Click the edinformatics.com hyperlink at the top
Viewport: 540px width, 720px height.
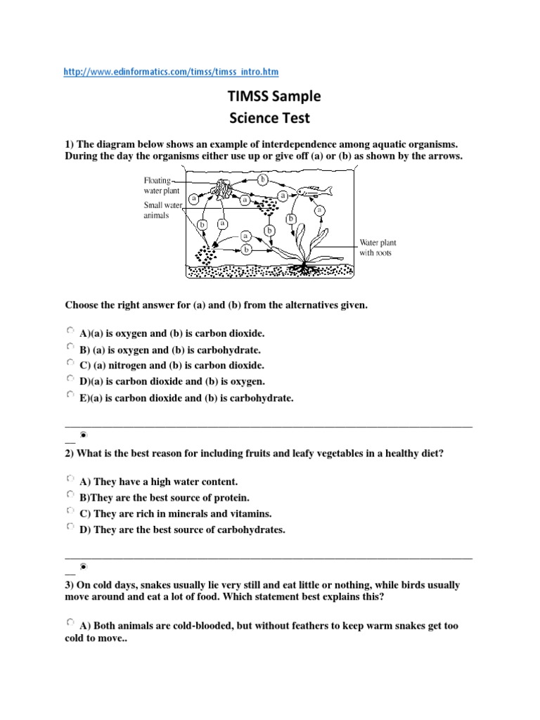point(176,72)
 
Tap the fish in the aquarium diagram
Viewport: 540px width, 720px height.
point(316,191)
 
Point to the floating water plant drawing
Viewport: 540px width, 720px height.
point(225,189)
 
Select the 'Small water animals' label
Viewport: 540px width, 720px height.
point(162,210)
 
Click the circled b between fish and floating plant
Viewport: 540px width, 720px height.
point(263,179)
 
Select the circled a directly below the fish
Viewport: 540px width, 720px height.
point(320,210)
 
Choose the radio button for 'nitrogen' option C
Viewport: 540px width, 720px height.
point(70,362)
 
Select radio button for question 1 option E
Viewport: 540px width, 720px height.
point(70,395)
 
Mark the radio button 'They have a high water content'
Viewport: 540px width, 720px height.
point(70,479)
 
